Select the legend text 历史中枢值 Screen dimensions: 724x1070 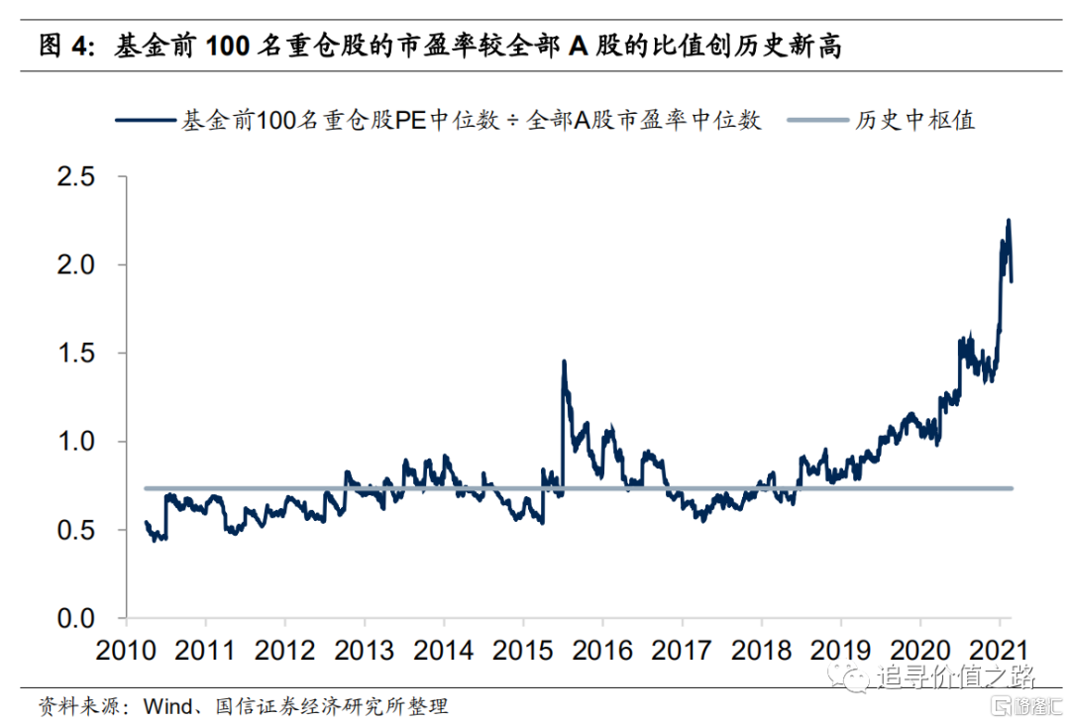point(915,121)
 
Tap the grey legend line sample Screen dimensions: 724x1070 point(818,121)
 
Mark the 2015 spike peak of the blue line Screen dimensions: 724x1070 point(564,362)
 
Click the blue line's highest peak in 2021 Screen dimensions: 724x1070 point(1009,221)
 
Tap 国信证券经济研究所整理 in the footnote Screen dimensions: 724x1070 point(329,706)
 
